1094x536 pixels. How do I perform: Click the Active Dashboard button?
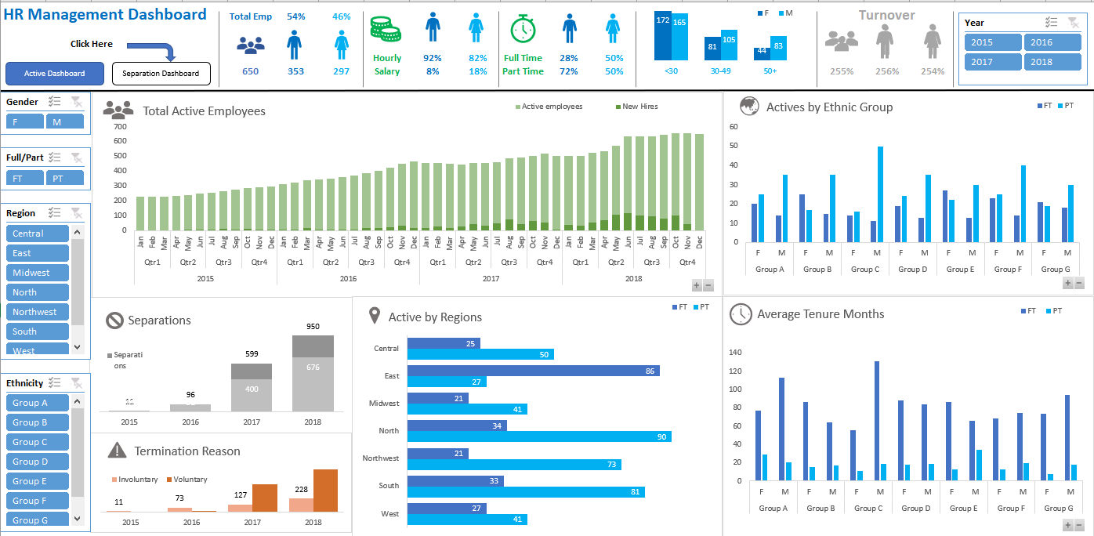(x=54, y=74)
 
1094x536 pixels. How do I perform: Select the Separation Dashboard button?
(x=161, y=74)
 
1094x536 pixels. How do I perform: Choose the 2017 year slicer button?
(x=992, y=62)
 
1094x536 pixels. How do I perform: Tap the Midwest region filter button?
(x=37, y=273)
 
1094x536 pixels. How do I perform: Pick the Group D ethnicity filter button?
(x=37, y=462)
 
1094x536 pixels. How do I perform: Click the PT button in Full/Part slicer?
(x=64, y=178)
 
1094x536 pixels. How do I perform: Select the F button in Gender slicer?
(x=24, y=121)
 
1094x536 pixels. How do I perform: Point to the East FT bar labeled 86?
(x=533, y=371)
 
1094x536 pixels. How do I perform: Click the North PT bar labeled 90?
(x=539, y=436)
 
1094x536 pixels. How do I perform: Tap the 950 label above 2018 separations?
(x=313, y=326)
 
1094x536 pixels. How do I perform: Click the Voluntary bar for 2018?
(x=325, y=490)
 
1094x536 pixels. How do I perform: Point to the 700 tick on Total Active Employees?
(x=119, y=126)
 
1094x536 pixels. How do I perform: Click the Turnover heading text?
(x=886, y=15)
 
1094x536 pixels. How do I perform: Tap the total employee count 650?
(x=250, y=71)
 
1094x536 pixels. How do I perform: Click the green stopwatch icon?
(x=523, y=29)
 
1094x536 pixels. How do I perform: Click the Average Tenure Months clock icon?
(x=740, y=314)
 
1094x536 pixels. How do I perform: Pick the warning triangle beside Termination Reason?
(x=117, y=450)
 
